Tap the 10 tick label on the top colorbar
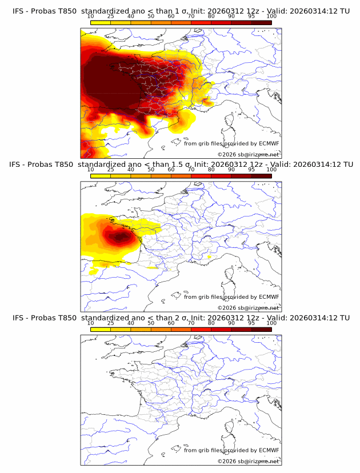click(x=90, y=17)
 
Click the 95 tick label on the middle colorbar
click(x=251, y=170)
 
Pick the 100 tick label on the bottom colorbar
click(x=271, y=323)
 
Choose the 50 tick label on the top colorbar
click(x=151, y=17)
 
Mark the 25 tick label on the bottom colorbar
click(x=110, y=323)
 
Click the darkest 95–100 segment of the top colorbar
click(x=261, y=22)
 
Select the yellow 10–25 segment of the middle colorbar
click(x=101, y=176)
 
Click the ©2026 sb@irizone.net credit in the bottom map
click(x=248, y=461)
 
